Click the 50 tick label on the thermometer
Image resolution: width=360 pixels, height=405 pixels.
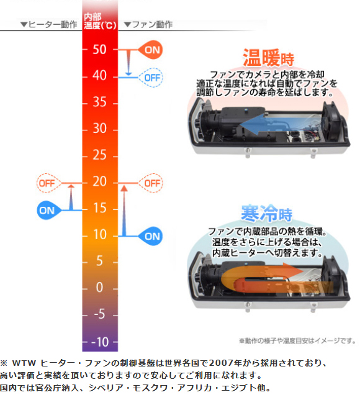coord(99,49)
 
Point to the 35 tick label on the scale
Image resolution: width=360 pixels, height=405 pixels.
coord(99,102)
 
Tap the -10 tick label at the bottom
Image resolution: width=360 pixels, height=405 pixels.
coord(100,342)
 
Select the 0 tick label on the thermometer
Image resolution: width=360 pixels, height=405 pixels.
coord(99,287)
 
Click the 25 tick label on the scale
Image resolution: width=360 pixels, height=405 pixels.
coord(99,155)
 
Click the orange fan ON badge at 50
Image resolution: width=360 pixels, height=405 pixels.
coord(150,50)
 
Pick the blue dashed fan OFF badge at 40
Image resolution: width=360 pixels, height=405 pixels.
coord(151,78)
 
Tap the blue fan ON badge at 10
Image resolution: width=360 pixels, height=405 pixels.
coord(150,236)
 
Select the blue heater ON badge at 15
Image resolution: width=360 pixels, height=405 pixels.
coord(49,210)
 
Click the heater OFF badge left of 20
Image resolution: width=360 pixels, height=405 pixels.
coord(49,183)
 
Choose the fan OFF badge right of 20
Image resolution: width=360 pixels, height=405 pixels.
coord(151,183)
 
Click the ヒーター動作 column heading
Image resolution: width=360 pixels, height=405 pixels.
coord(49,25)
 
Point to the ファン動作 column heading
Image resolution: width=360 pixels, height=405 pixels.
coord(148,25)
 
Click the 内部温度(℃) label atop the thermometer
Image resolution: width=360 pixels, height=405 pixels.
coord(100,21)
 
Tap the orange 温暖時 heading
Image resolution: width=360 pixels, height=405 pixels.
coord(268,58)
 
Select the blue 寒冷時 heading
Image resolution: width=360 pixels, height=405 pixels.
coord(266,213)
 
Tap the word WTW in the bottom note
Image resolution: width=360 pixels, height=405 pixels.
coord(24,363)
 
